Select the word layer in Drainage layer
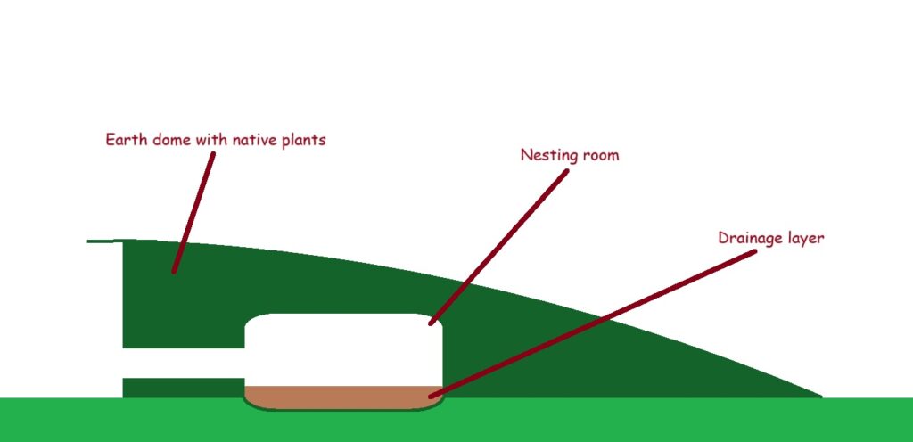point(803,240)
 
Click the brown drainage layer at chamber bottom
point(342,397)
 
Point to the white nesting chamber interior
point(343,349)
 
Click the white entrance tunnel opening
point(184,364)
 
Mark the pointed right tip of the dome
point(820,397)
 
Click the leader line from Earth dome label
point(193,212)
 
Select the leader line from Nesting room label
point(498,247)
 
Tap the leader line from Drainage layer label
point(592,324)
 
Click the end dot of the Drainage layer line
point(432,396)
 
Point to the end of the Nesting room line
point(432,323)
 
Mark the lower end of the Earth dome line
point(174,270)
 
